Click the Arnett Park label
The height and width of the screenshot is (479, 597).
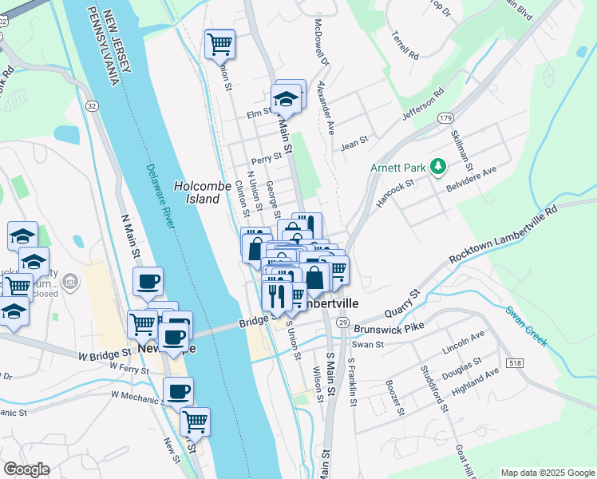[397, 168]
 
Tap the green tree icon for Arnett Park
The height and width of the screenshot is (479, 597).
[437, 167]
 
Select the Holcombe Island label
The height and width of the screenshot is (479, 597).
[197, 192]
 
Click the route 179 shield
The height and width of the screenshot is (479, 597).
[445, 117]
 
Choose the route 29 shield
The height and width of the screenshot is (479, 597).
[342, 321]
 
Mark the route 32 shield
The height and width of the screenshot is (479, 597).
[93, 105]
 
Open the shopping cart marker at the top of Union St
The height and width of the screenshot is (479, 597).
[219, 44]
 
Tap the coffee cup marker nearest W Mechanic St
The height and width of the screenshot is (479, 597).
[178, 391]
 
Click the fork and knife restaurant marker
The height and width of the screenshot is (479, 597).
[276, 296]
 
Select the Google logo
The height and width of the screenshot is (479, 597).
[26, 469]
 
